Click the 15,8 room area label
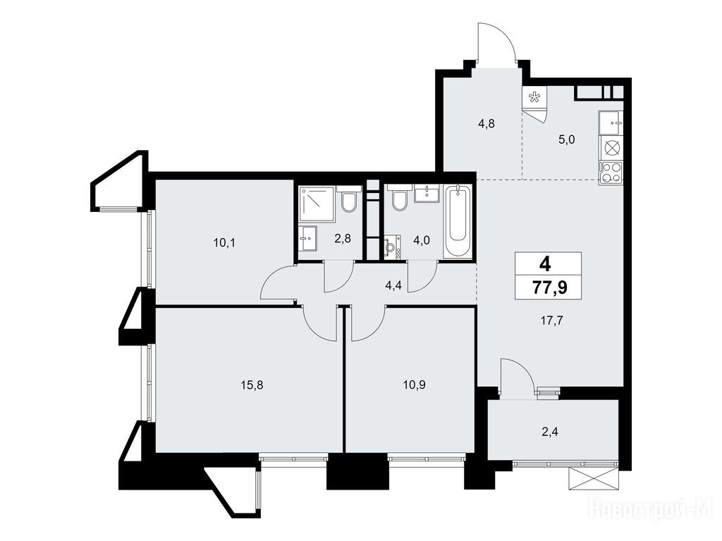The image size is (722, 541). point(252,385)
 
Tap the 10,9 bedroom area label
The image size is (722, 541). point(414,385)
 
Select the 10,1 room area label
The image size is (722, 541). point(224,242)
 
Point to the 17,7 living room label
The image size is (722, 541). point(552,321)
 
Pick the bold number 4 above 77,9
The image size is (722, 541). point(546,265)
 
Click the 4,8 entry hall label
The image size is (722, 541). point(487,123)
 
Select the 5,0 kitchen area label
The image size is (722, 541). point(567,139)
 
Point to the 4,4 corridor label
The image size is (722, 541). point(393,286)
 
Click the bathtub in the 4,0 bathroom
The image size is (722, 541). point(458,220)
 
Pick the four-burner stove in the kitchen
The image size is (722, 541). point(611,173)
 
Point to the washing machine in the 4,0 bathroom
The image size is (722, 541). point(391,247)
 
